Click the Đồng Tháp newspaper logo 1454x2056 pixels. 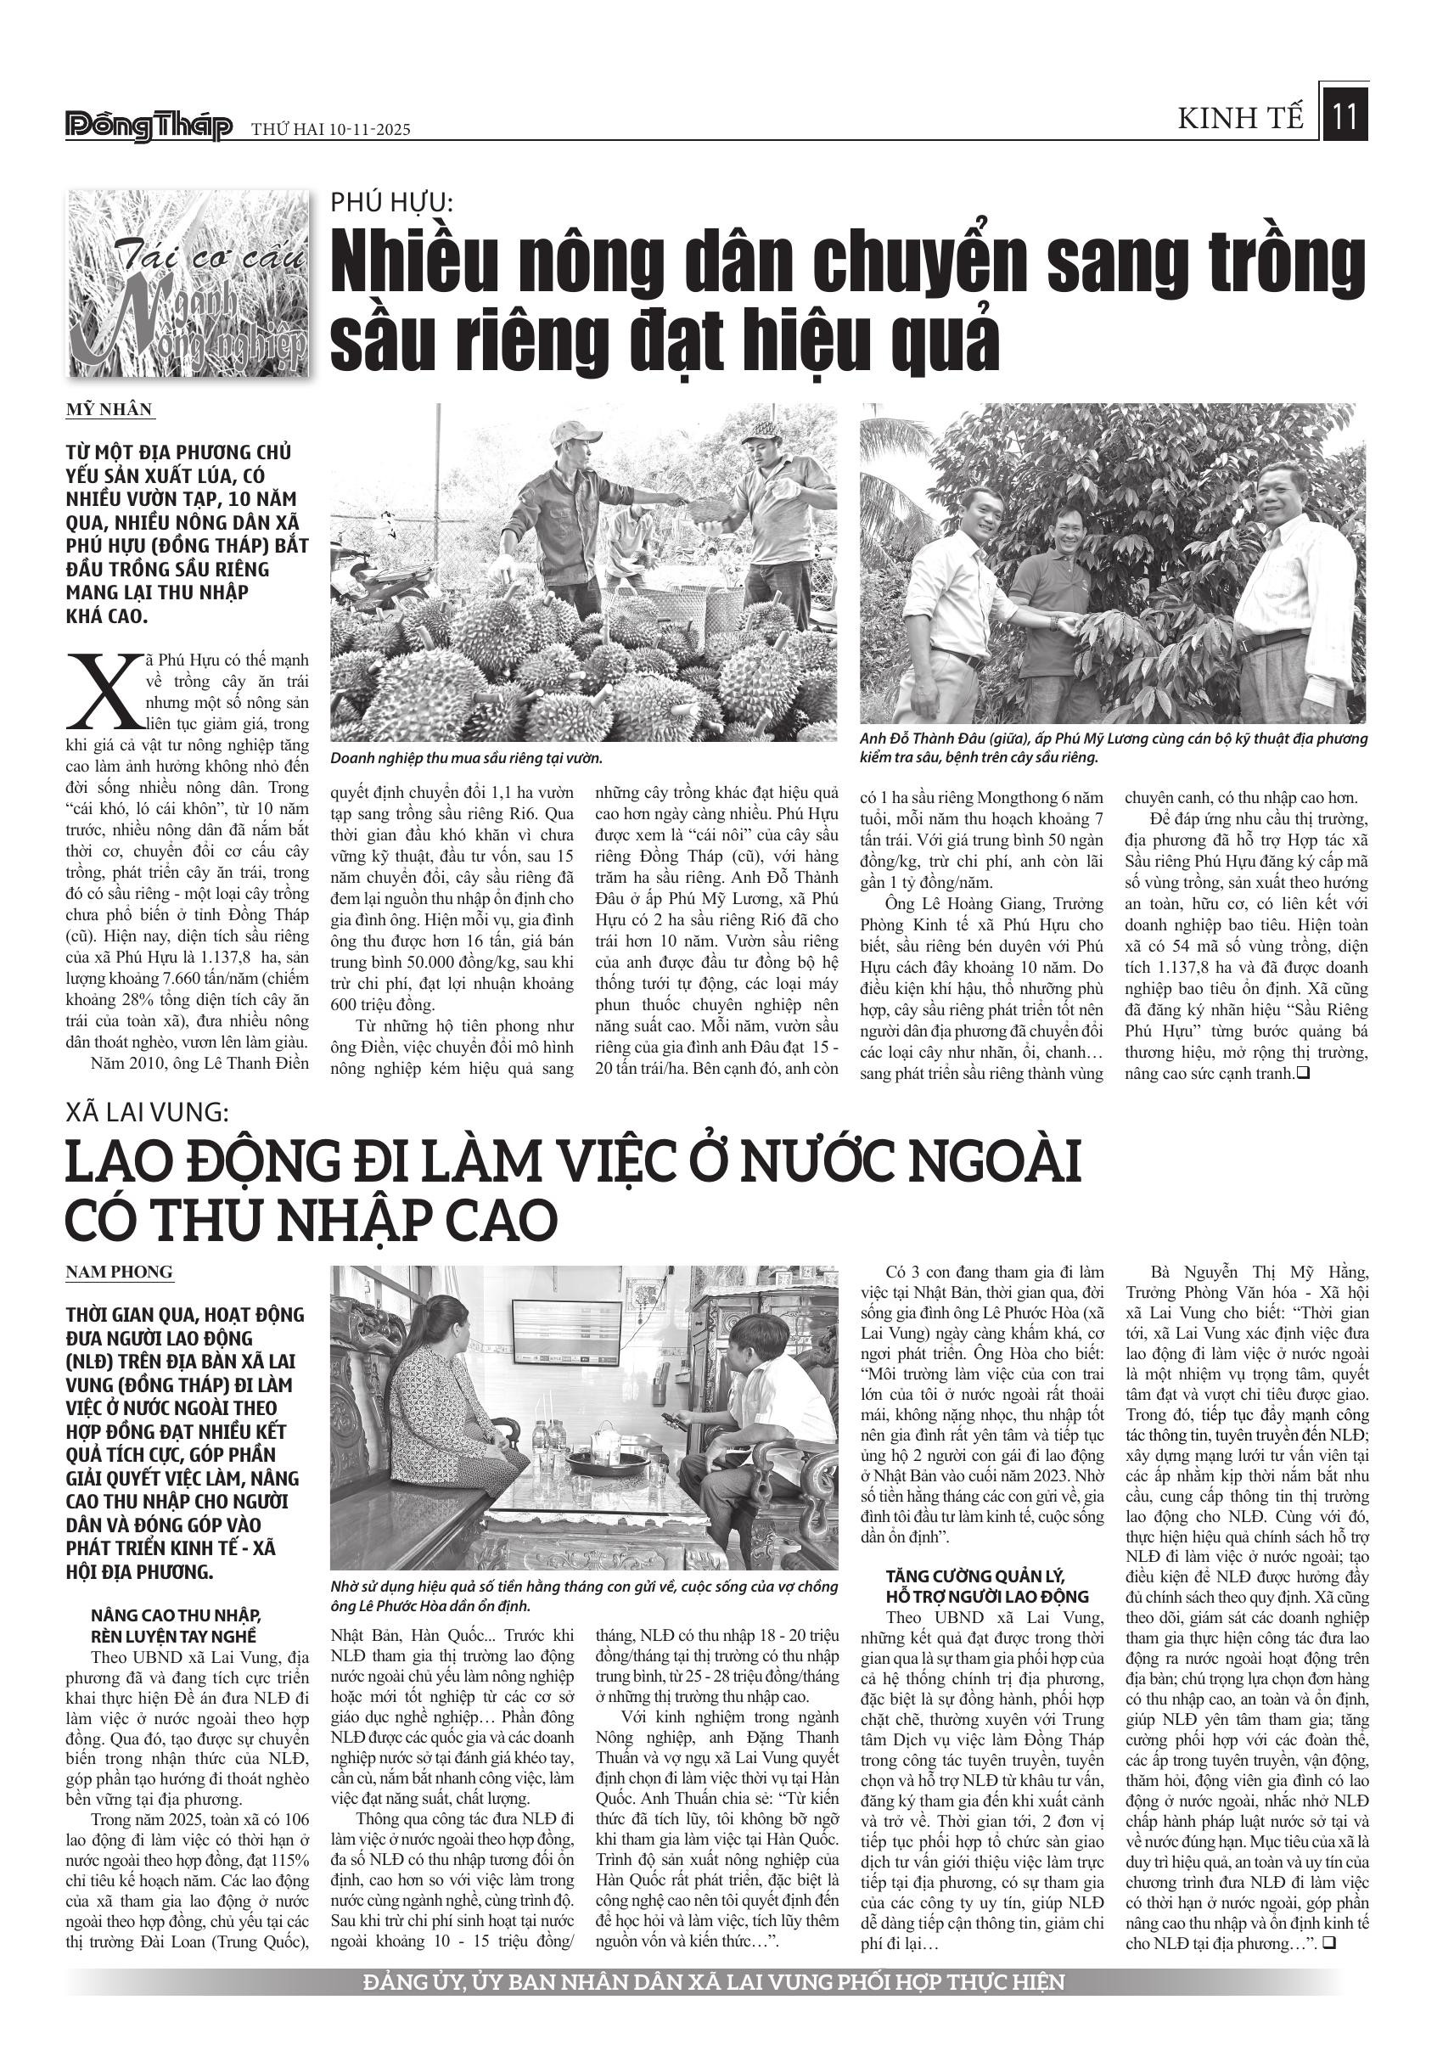point(149,127)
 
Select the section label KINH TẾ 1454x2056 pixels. point(1241,118)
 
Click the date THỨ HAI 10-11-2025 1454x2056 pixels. point(330,129)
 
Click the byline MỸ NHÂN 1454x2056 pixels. point(109,409)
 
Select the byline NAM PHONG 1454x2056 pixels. point(119,1272)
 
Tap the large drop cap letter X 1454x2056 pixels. point(101,691)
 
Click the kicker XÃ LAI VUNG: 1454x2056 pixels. point(148,1112)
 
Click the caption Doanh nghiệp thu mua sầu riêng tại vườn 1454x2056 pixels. point(465,757)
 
